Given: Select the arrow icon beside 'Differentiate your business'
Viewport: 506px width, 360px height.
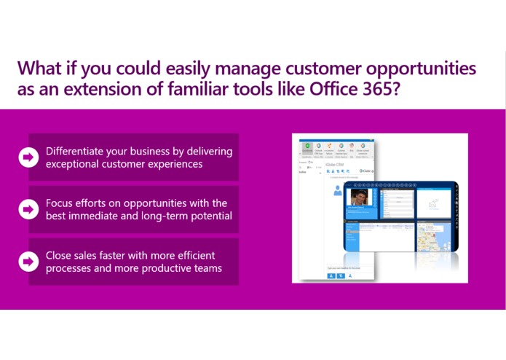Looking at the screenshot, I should (28, 157).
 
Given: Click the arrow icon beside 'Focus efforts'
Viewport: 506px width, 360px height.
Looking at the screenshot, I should (28, 209).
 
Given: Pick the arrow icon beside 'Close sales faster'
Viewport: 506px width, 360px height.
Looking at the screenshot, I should (28, 262).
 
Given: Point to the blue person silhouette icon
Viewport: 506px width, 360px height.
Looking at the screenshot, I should (338, 191).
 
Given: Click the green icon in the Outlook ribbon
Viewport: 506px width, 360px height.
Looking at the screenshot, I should (309, 145).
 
